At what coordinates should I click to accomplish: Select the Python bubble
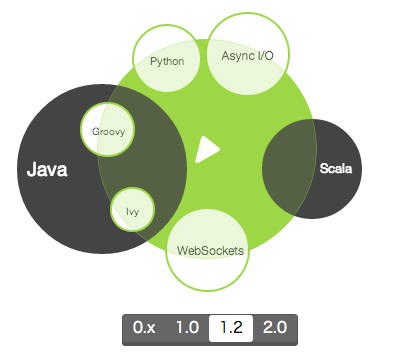pyautogui.click(x=167, y=61)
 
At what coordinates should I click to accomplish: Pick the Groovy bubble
pyautogui.click(x=108, y=130)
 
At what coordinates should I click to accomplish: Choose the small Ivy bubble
pyautogui.click(x=132, y=210)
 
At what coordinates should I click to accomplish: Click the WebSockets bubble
pyautogui.click(x=207, y=250)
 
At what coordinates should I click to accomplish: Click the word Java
pyautogui.click(x=47, y=170)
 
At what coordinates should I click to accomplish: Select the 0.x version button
pyautogui.click(x=145, y=327)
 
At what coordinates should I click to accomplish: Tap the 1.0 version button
pyautogui.click(x=187, y=327)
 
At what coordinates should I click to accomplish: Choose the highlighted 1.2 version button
pyautogui.click(x=231, y=327)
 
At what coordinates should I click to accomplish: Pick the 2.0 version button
pyautogui.click(x=275, y=327)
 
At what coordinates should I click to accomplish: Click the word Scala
pyautogui.click(x=336, y=168)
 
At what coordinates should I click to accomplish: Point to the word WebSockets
pyautogui.click(x=210, y=251)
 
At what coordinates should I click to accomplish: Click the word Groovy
pyautogui.click(x=108, y=131)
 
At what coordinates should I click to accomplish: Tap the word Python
pyautogui.click(x=167, y=61)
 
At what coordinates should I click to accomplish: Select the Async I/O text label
pyautogui.click(x=247, y=55)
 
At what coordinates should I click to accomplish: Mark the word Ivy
pyautogui.click(x=132, y=211)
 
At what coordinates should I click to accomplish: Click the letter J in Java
pyautogui.click(x=31, y=170)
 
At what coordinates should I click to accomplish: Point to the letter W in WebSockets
pyautogui.click(x=182, y=251)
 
